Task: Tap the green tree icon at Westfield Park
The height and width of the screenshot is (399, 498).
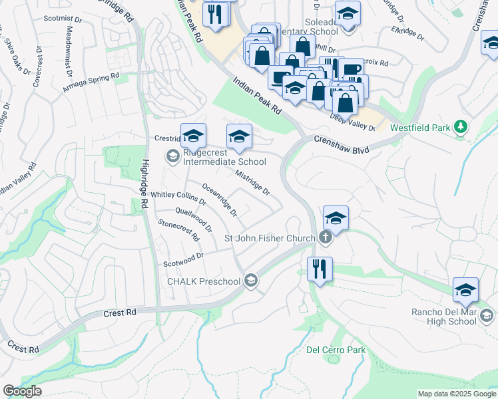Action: [459, 126]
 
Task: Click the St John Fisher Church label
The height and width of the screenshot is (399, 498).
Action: [270, 238]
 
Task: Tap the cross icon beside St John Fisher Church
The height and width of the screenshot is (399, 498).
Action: [326, 237]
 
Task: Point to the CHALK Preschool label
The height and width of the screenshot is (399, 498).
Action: [203, 281]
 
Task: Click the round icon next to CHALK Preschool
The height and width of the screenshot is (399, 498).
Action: [250, 281]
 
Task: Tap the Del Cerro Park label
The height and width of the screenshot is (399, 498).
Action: [336, 350]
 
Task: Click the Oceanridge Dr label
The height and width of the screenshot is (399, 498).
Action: [219, 200]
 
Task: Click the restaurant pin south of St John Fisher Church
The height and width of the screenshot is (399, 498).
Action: [320, 269]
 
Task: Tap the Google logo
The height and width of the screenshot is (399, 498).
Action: [23, 391]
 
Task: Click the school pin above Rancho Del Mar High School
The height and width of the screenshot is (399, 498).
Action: [465, 290]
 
